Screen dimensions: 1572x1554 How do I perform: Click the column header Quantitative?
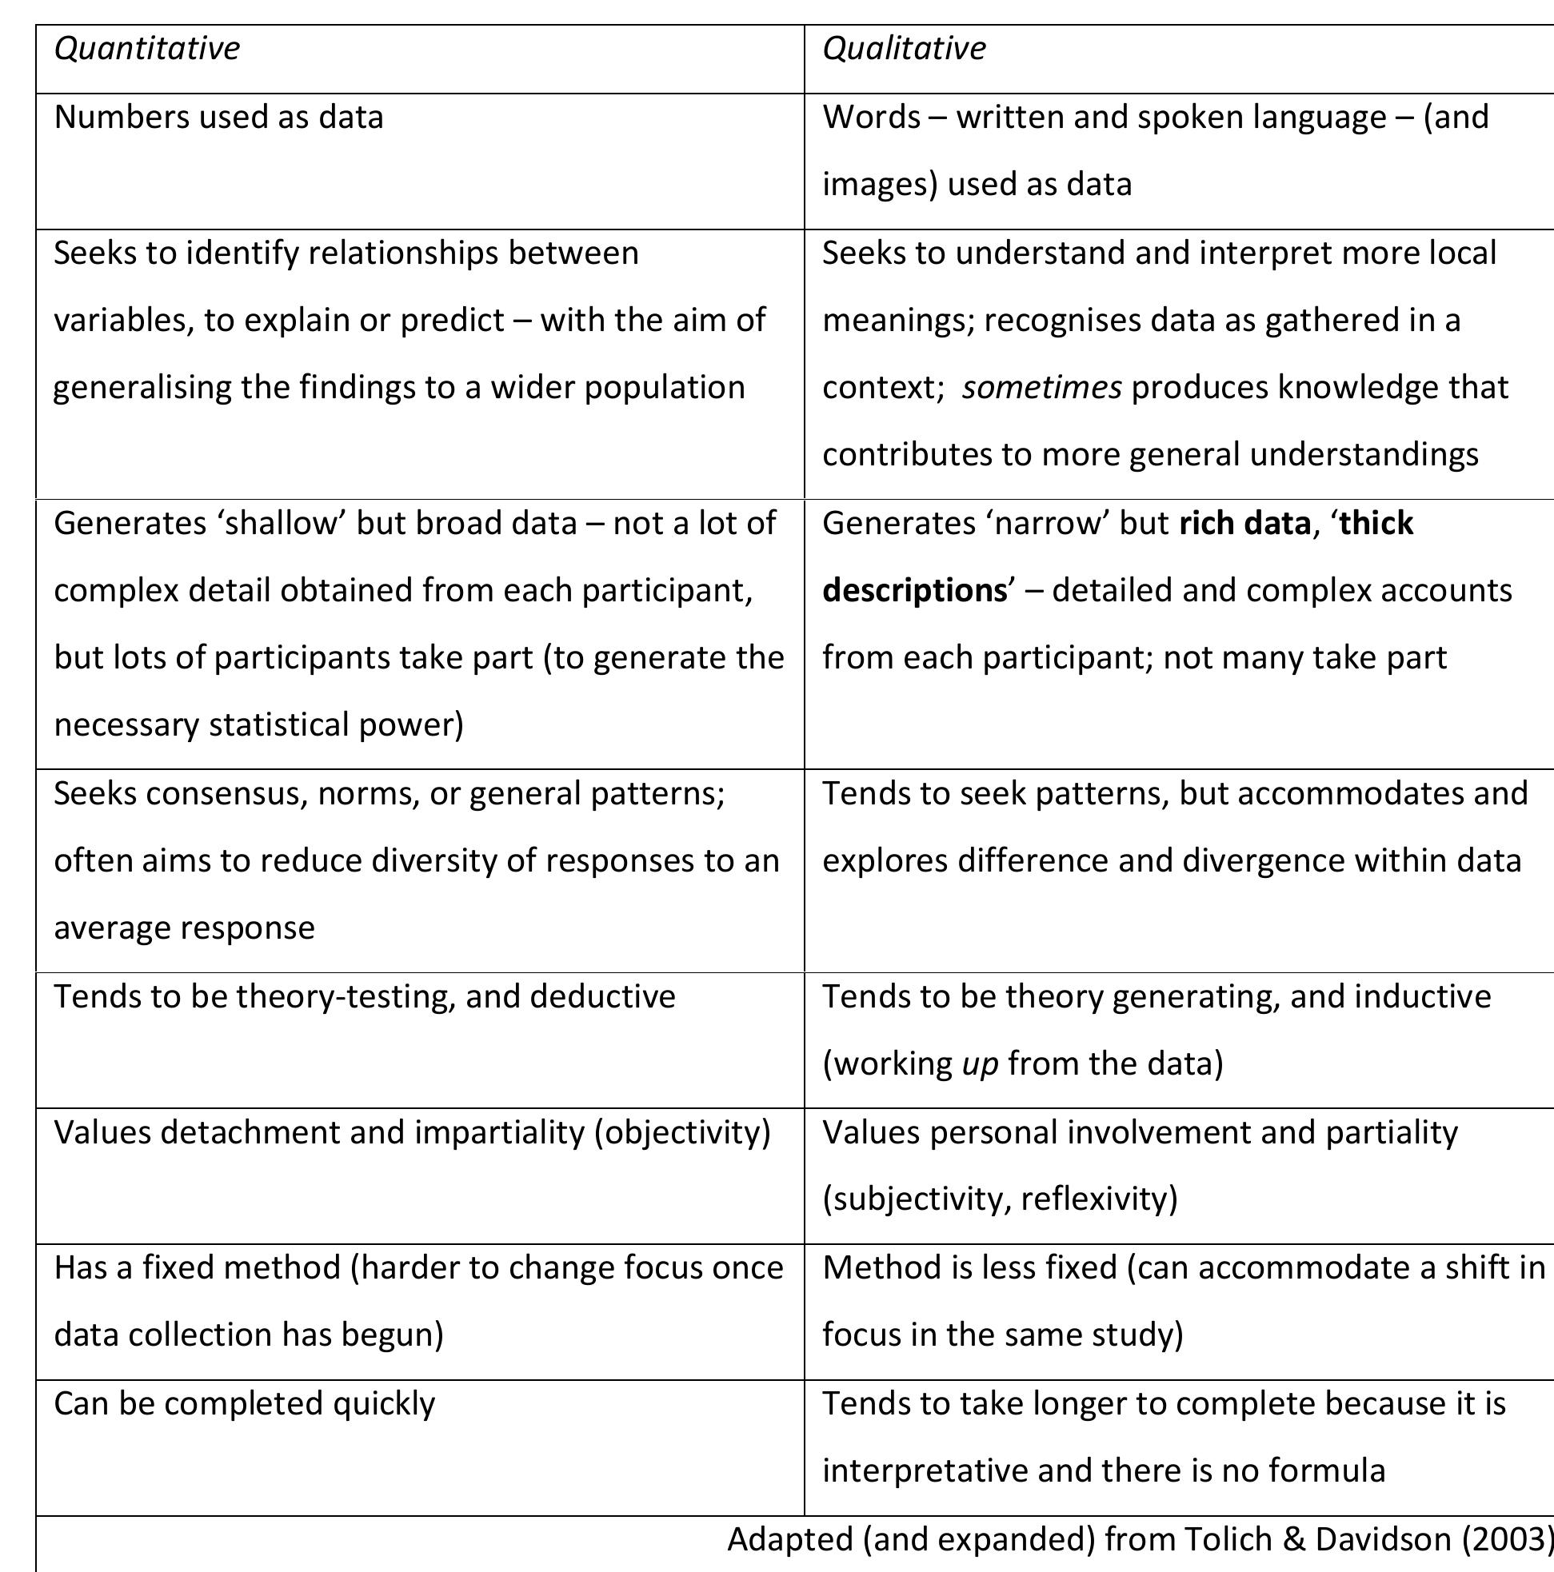point(146,49)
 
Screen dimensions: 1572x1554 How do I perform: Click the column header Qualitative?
point(904,49)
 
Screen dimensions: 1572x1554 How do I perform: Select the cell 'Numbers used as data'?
point(218,118)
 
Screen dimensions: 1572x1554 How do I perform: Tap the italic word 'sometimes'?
point(1041,387)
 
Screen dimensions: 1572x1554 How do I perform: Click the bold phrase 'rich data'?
point(1244,523)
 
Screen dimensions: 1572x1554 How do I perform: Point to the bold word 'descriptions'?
point(914,591)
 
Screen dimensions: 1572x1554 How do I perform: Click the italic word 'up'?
point(979,1063)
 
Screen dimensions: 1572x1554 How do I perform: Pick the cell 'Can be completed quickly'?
point(244,1403)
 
